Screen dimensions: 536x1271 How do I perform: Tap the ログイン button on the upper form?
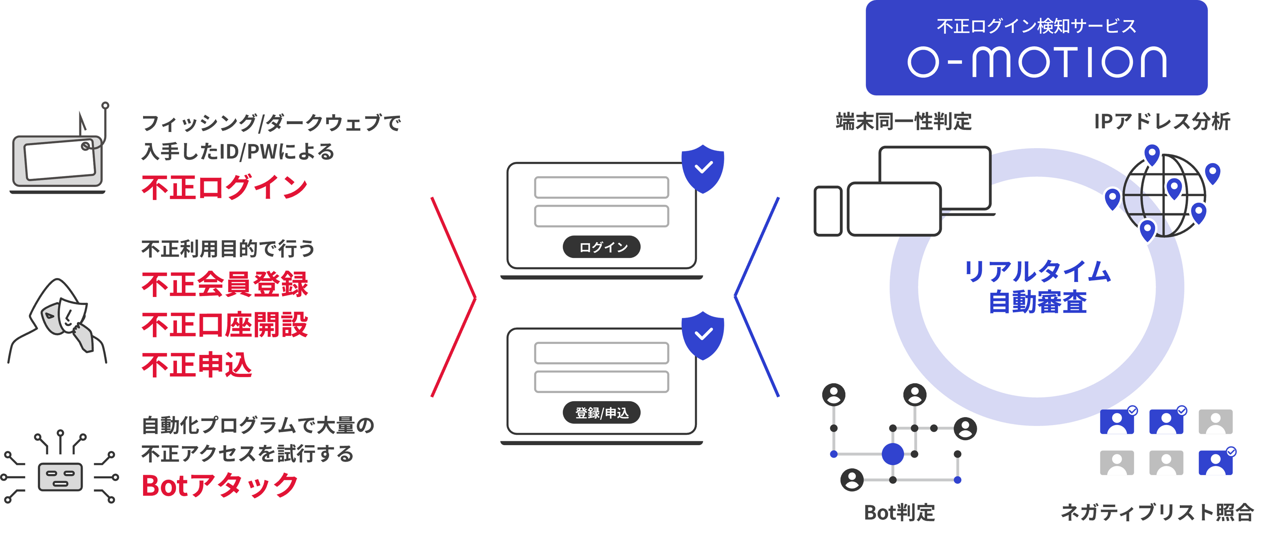click(602, 247)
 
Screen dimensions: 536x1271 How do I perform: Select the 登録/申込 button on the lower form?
click(602, 413)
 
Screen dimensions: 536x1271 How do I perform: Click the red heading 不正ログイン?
click(225, 187)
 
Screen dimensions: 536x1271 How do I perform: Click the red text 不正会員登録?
click(225, 285)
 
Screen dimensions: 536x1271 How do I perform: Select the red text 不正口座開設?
click(225, 325)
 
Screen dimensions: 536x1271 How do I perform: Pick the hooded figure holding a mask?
click(59, 320)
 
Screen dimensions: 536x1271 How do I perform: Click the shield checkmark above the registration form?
click(703, 335)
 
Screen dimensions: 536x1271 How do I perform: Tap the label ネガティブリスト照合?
click(1157, 512)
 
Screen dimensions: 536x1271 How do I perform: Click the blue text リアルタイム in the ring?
click(1037, 272)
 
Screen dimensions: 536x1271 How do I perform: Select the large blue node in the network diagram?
click(893, 454)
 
